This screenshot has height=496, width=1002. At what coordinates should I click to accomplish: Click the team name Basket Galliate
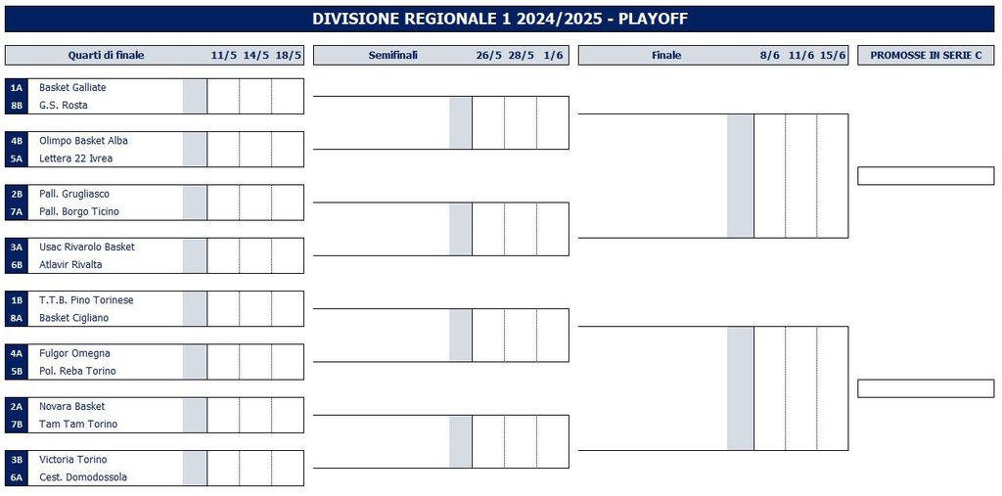tap(72, 88)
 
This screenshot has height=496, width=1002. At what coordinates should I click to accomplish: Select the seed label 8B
tap(17, 106)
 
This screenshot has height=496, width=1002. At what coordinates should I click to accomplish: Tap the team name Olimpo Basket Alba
tap(83, 141)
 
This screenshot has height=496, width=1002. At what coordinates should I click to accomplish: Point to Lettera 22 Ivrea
tap(75, 158)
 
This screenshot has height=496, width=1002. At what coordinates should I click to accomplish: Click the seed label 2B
tap(17, 194)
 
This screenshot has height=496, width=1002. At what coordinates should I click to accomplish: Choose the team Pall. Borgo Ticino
tap(78, 211)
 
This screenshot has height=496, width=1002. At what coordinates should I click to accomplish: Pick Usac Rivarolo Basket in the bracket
tap(86, 247)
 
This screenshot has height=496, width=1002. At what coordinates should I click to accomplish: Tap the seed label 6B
tap(17, 264)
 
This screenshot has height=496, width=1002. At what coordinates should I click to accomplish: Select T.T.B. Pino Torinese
tap(86, 299)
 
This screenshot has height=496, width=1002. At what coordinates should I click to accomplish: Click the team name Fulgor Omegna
tap(74, 353)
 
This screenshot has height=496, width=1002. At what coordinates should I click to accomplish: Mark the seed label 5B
tap(17, 371)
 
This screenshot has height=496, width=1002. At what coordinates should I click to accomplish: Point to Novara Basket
tap(71, 407)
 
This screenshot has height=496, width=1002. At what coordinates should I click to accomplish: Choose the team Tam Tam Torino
tap(78, 425)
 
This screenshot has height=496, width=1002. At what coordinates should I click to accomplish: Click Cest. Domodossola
tap(83, 477)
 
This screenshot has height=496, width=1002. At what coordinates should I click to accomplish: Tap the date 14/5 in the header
tap(255, 55)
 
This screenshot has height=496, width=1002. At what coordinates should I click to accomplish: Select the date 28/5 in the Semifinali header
tap(521, 55)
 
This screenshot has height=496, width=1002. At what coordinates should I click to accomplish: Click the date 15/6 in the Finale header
tap(833, 55)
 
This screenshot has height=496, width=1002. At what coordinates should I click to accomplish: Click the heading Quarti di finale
tap(106, 55)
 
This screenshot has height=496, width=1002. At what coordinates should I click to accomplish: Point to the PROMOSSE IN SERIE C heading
tap(926, 55)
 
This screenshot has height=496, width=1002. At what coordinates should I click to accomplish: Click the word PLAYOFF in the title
tap(653, 19)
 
